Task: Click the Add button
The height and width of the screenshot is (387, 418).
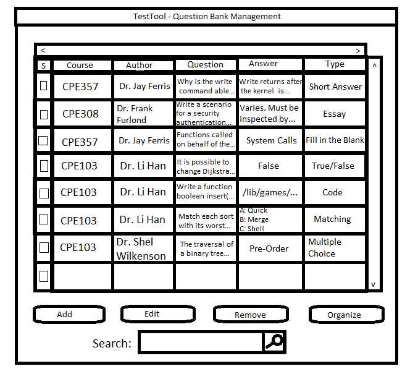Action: tap(69, 314)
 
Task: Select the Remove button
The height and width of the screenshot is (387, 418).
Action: tap(251, 314)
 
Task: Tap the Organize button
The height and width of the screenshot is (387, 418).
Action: tap(346, 315)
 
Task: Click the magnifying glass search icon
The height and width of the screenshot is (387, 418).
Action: tap(274, 342)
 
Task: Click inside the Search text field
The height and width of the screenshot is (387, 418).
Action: tap(201, 342)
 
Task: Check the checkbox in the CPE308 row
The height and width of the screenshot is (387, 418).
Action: tap(44, 114)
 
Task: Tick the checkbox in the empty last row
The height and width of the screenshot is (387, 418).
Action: tap(44, 276)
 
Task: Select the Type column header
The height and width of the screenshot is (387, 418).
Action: tap(335, 64)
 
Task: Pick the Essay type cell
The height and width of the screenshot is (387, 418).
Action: tap(335, 113)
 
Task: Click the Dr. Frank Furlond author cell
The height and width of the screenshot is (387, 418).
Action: tap(143, 113)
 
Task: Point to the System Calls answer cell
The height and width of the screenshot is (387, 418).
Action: tap(270, 140)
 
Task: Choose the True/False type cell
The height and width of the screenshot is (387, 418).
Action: tap(335, 166)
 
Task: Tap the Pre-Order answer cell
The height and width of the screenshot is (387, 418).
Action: tap(270, 249)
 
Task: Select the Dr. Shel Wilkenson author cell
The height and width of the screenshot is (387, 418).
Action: tap(143, 249)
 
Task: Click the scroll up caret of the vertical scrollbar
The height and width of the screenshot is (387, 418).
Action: tap(375, 66)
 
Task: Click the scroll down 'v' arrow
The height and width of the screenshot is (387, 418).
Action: tap(373, 284)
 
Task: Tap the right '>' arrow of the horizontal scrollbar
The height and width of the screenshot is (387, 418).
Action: tap(358, 51)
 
